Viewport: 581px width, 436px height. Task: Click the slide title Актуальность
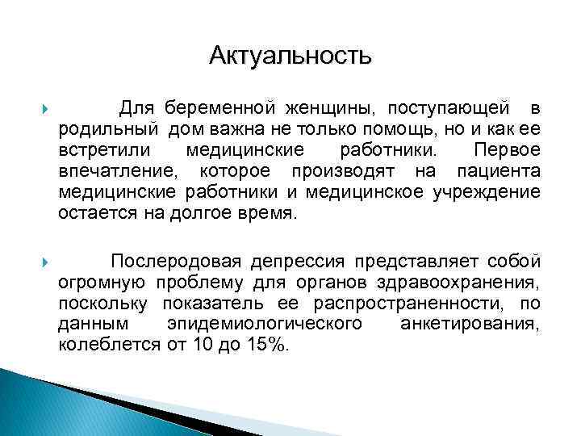click(290, 56)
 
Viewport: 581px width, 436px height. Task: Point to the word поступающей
click(447, 108)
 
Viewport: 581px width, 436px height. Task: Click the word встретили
click(98, 150)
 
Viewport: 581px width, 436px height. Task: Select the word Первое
click(508, 150)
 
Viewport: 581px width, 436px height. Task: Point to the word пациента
click(498, 171)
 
